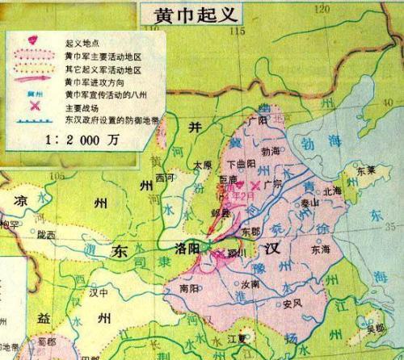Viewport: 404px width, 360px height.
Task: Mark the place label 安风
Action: pyautogui.click(x=292, y=304)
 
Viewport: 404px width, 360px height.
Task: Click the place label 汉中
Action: pyautogui.click(x=100, y=293)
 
